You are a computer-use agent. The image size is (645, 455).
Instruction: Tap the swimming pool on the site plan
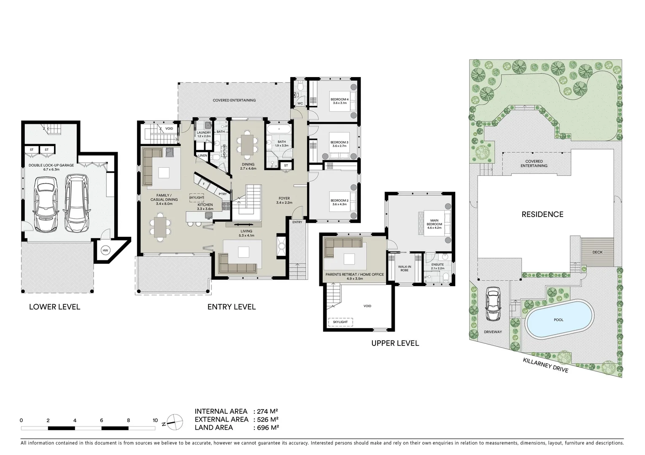tap(558, 319)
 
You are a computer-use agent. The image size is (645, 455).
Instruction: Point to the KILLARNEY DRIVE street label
tap(545, 365)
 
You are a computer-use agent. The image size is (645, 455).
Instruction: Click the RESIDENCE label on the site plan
tap(542, 214)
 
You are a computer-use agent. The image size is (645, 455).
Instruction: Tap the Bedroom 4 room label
tap(339, 101)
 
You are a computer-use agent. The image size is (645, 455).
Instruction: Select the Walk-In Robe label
tap(405, 268)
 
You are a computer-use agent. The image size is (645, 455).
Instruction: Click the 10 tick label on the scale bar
tap(155, 420)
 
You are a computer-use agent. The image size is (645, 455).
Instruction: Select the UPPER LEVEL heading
tap(395, 343)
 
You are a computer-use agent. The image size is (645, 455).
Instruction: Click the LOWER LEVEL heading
tap(54, 307)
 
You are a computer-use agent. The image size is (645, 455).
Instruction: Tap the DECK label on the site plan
tap(597, 252)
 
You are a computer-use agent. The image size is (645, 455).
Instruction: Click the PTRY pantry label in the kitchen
tap(223, 194)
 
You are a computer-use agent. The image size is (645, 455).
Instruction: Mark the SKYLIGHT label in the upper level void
tap(340, 322)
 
